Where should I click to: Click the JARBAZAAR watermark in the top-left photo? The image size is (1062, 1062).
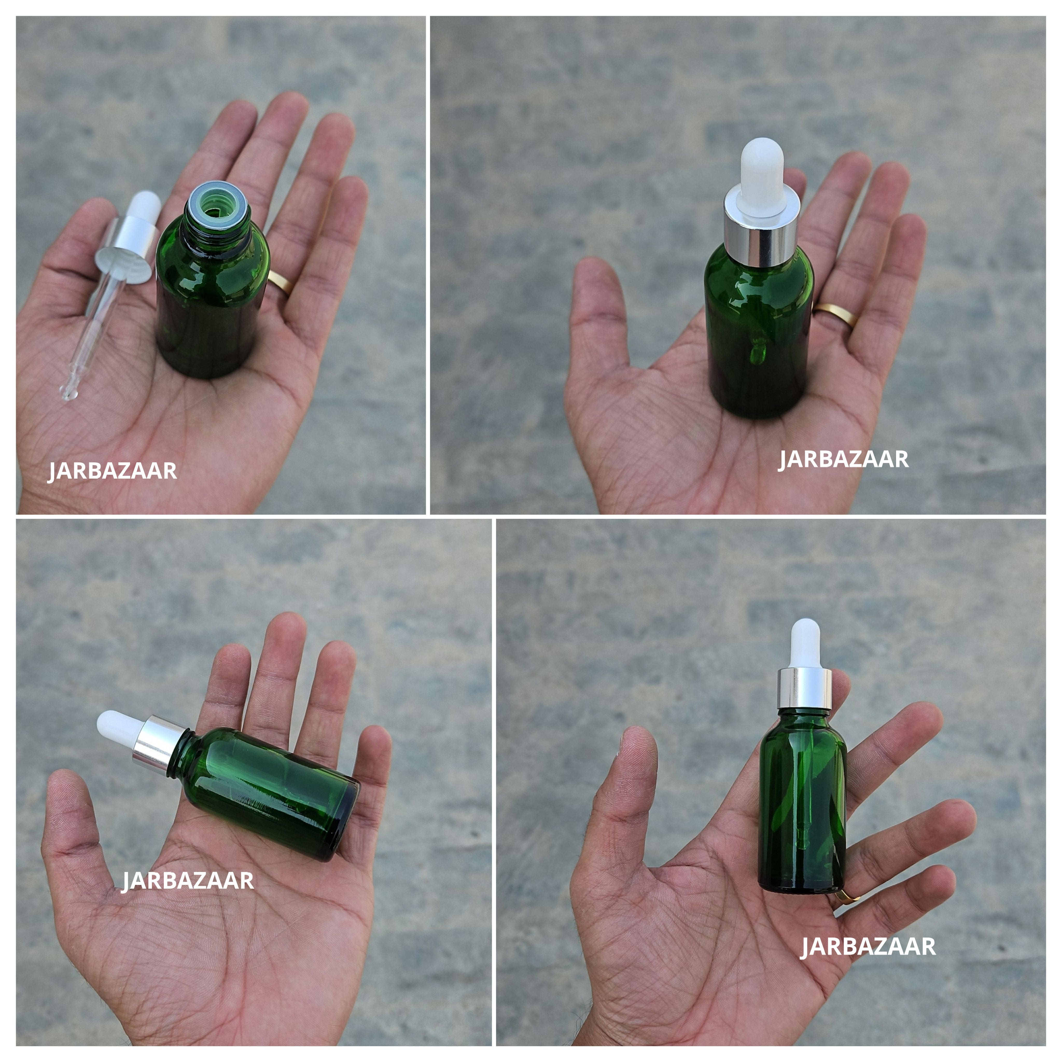click(x=112, y=471)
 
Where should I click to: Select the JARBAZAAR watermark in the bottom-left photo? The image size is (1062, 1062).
click(x=187, y=881)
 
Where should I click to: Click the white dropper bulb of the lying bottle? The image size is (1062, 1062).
click(x=118, y=726)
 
